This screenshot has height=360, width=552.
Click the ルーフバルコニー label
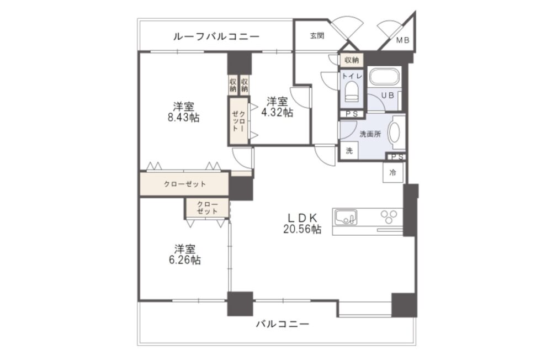tap(216, 36)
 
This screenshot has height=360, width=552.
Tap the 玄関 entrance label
tap(317, 35)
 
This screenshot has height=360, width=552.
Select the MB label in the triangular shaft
tap(403, 40)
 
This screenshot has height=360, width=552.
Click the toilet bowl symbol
tap(351, 91)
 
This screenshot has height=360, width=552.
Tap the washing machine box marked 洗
tap(349, 151)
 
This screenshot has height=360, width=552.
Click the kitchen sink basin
tap(346, 217)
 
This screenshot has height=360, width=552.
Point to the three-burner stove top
tap(388, 216)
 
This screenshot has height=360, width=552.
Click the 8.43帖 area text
tap(183, 117)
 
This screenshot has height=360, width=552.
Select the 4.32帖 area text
tap(277, 113)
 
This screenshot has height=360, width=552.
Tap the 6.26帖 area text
tap(185, 260)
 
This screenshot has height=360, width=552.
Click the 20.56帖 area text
tap(302, 229)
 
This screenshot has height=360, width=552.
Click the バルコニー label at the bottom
tap(283, 324)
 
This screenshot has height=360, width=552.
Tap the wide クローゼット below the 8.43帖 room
tap(184, 183)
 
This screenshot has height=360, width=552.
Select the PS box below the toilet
tap(351, 114)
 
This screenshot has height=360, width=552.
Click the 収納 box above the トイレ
tap(351, 60)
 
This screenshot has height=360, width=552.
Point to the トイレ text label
tap(352, 76)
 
